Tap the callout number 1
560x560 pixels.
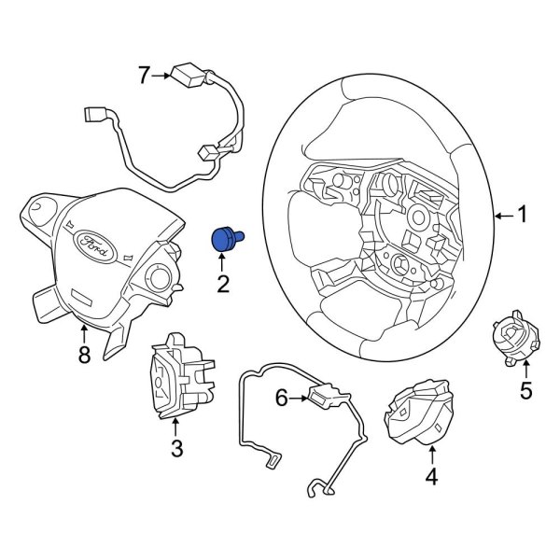click(x=523, y=216)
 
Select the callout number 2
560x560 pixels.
click(x=223, y=283)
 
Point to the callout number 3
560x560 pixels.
click(x=177, y=450)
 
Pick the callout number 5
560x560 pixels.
click(x=525, y=391)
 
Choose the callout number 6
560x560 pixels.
click(x=281, y=399)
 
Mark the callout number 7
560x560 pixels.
click(x=143, y=76)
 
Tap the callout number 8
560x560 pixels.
click(x=84, y=356)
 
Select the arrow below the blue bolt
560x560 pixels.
click(x=223, y=262)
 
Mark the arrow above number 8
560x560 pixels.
click(x=84, y=332)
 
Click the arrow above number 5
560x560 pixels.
click(x=525, y=371)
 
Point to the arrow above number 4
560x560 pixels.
click(x=432, y=456)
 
